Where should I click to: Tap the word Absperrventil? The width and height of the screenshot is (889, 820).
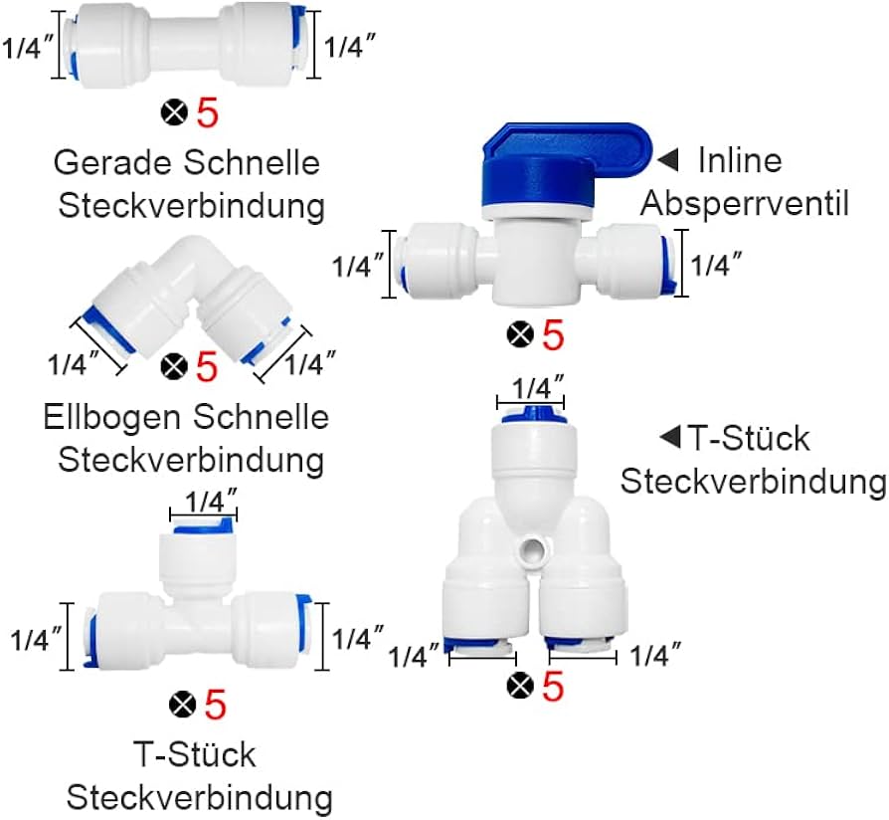(x=744, y=204)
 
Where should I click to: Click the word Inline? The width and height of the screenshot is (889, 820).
(x=739, y=159)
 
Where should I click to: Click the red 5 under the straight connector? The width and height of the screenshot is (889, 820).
(x=207, y=113)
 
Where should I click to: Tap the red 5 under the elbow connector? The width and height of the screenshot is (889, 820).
(x=206, y=367)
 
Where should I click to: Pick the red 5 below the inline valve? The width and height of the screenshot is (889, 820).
(x=553, y=335)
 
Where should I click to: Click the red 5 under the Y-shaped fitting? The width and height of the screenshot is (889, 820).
(x=553, y=686)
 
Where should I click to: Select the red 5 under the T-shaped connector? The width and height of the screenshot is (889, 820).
(x=215, y=706)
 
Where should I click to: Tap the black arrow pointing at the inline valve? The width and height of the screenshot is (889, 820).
(x=668, y=160)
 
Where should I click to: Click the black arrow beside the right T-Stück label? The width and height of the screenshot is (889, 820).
(x=670, y=437)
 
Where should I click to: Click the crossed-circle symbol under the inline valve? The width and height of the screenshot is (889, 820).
(x=520, y=335)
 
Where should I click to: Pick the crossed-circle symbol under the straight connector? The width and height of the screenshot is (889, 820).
(x=174, y=113)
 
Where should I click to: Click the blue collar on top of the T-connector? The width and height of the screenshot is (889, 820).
(x=203, y=526)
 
